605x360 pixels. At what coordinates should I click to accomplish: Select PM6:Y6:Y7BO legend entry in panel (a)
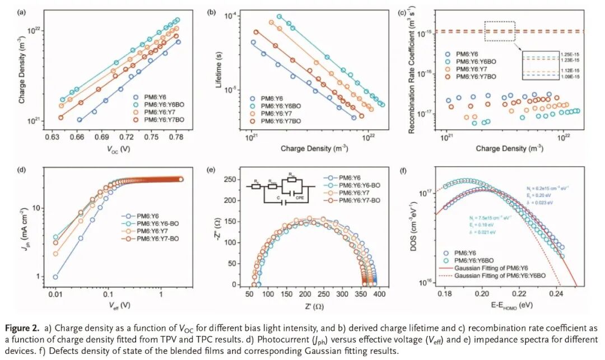coord(164,120)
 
